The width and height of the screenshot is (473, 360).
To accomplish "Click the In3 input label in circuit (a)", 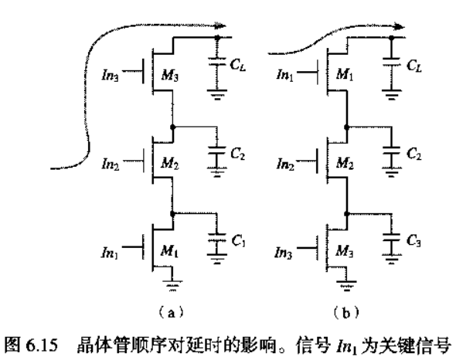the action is click(111, 75).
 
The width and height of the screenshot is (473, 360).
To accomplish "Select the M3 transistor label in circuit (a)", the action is click(169, 75).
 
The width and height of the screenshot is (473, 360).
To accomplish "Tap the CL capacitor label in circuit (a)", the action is click(238, 65).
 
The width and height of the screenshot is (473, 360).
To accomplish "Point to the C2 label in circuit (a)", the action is click(238, 154).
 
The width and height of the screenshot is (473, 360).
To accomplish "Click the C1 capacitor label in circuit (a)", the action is click(238, 240).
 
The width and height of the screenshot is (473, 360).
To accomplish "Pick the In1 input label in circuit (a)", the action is click(110, 252).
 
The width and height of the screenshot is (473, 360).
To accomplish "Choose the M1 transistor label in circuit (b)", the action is click(345, 74).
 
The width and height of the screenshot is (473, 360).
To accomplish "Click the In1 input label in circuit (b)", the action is click(285, 74).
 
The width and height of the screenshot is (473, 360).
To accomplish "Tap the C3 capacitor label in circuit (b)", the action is click(413, 240).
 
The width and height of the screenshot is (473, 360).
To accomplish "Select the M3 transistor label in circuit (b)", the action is click(345, 251).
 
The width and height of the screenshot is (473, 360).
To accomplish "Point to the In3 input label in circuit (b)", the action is click(284, 253).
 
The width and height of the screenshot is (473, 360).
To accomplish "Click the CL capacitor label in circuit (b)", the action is click(414, 66).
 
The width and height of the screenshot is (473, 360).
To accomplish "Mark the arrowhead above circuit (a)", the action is click(219, 26).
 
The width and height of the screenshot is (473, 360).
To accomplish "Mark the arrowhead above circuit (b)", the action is click(399, 27).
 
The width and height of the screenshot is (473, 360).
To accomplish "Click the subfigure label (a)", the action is click(171, 313).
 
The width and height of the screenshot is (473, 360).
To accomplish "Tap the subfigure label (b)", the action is click(346, 313).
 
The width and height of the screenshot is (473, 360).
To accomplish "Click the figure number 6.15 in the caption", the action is click(42, 345).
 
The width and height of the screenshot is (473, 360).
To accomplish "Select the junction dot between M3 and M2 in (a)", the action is click(172, 127).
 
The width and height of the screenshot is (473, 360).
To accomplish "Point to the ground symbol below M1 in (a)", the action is click(172, 285).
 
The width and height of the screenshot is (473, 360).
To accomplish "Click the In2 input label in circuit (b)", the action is click(285, 165).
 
